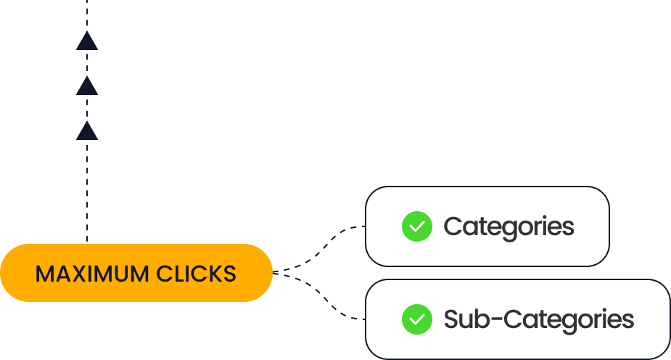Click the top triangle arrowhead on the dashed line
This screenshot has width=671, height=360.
(x=87, y=41)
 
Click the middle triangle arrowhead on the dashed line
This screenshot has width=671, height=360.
(x=87, y=86)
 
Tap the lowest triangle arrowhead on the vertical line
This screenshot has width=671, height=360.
(x=87, y=131)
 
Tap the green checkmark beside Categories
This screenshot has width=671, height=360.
(x=416, y=226)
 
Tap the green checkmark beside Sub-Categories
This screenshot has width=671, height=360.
(x=416, y=319)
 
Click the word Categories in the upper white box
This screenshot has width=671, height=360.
(x=509, y=226)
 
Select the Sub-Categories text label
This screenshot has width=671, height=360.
(x=538, y=319)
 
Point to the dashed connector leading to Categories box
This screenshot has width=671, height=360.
(x=326, y=243)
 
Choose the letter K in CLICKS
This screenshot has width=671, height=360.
(x=211, y=274)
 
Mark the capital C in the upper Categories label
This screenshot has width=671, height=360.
(x=452, y=226)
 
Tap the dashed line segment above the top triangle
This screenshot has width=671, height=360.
(x=87, y=13)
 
